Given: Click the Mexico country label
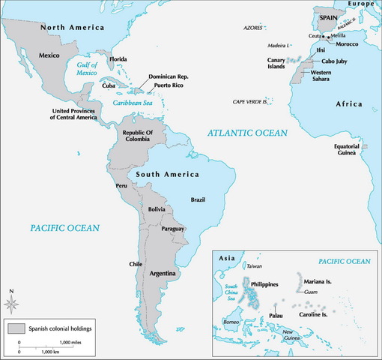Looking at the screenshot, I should (x=49, y=56).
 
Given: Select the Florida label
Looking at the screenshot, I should (x=118, y=58).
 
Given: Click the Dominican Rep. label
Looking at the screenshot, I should (x=173, y=76).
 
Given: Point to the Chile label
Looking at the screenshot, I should (x=136, y=264).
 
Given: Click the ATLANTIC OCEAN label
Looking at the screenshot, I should (x=247, y=133).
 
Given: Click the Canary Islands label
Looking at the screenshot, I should (x=278, y=63).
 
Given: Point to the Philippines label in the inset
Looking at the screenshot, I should (x=269, y=285).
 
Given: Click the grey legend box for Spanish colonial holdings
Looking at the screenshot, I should (x=16, y=328).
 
